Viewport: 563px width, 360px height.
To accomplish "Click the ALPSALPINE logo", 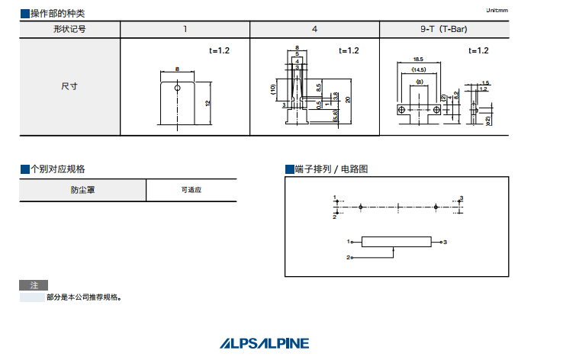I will pos(265,343).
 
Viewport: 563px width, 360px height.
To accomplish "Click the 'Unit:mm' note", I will pos(497,10).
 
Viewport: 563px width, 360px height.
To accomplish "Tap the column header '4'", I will pos(314,29).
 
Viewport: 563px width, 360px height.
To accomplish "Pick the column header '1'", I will pos(185,29).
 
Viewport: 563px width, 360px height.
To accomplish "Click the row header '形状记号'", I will pos(69,29).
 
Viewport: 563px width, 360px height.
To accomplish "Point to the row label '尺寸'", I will pos(69,86).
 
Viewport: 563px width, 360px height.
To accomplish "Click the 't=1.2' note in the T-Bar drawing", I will pos(478,50).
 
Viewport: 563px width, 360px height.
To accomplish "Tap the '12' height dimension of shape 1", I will pos(208,102).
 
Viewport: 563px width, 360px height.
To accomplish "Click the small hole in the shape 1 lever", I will pos(178,88).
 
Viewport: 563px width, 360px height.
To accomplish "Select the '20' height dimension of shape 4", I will pos(348,99).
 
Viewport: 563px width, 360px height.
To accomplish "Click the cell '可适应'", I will pos(191,190).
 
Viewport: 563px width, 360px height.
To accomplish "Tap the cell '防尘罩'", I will pos(82,190).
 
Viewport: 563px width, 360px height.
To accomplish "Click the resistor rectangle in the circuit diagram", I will pos(395,242).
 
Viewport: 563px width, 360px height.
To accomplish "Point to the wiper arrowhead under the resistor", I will pos(394,249).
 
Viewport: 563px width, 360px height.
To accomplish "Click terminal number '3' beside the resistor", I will pos(445,242).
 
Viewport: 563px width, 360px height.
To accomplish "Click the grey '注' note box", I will pos(33,284).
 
